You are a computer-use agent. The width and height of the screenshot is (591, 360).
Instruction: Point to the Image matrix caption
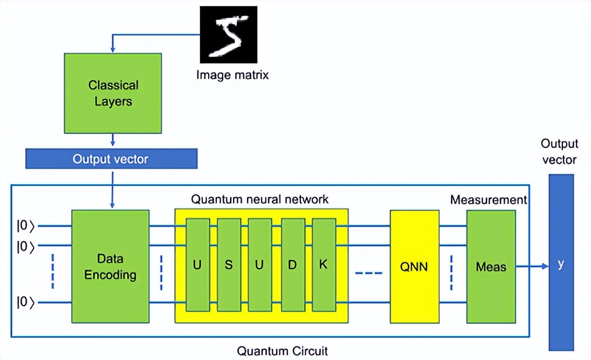coord(232,75)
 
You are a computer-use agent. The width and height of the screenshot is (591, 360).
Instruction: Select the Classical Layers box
coord(113,93)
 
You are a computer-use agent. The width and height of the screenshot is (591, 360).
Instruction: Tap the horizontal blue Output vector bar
coord(111,159)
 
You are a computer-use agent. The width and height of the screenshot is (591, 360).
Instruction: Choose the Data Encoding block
coord(110,266)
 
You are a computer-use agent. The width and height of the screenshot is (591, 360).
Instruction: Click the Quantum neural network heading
coord(259,199)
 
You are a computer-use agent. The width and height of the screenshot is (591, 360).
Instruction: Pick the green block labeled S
coord(228,265)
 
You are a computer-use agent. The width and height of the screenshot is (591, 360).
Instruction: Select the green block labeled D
coord(293,265)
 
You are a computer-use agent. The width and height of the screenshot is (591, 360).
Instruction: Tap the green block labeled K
coord(324,265)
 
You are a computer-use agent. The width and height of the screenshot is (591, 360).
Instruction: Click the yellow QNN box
coord(415,266)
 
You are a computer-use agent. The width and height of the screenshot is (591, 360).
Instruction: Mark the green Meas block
coord(491,266)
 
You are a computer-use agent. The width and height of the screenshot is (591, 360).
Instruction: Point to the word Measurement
coord(489,200)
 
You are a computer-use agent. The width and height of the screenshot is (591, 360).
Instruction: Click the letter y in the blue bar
coord(561,265)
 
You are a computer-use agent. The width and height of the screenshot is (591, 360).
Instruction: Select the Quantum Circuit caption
coord(283,351)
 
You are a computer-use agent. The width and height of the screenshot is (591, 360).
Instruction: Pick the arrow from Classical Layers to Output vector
coord(112,140)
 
